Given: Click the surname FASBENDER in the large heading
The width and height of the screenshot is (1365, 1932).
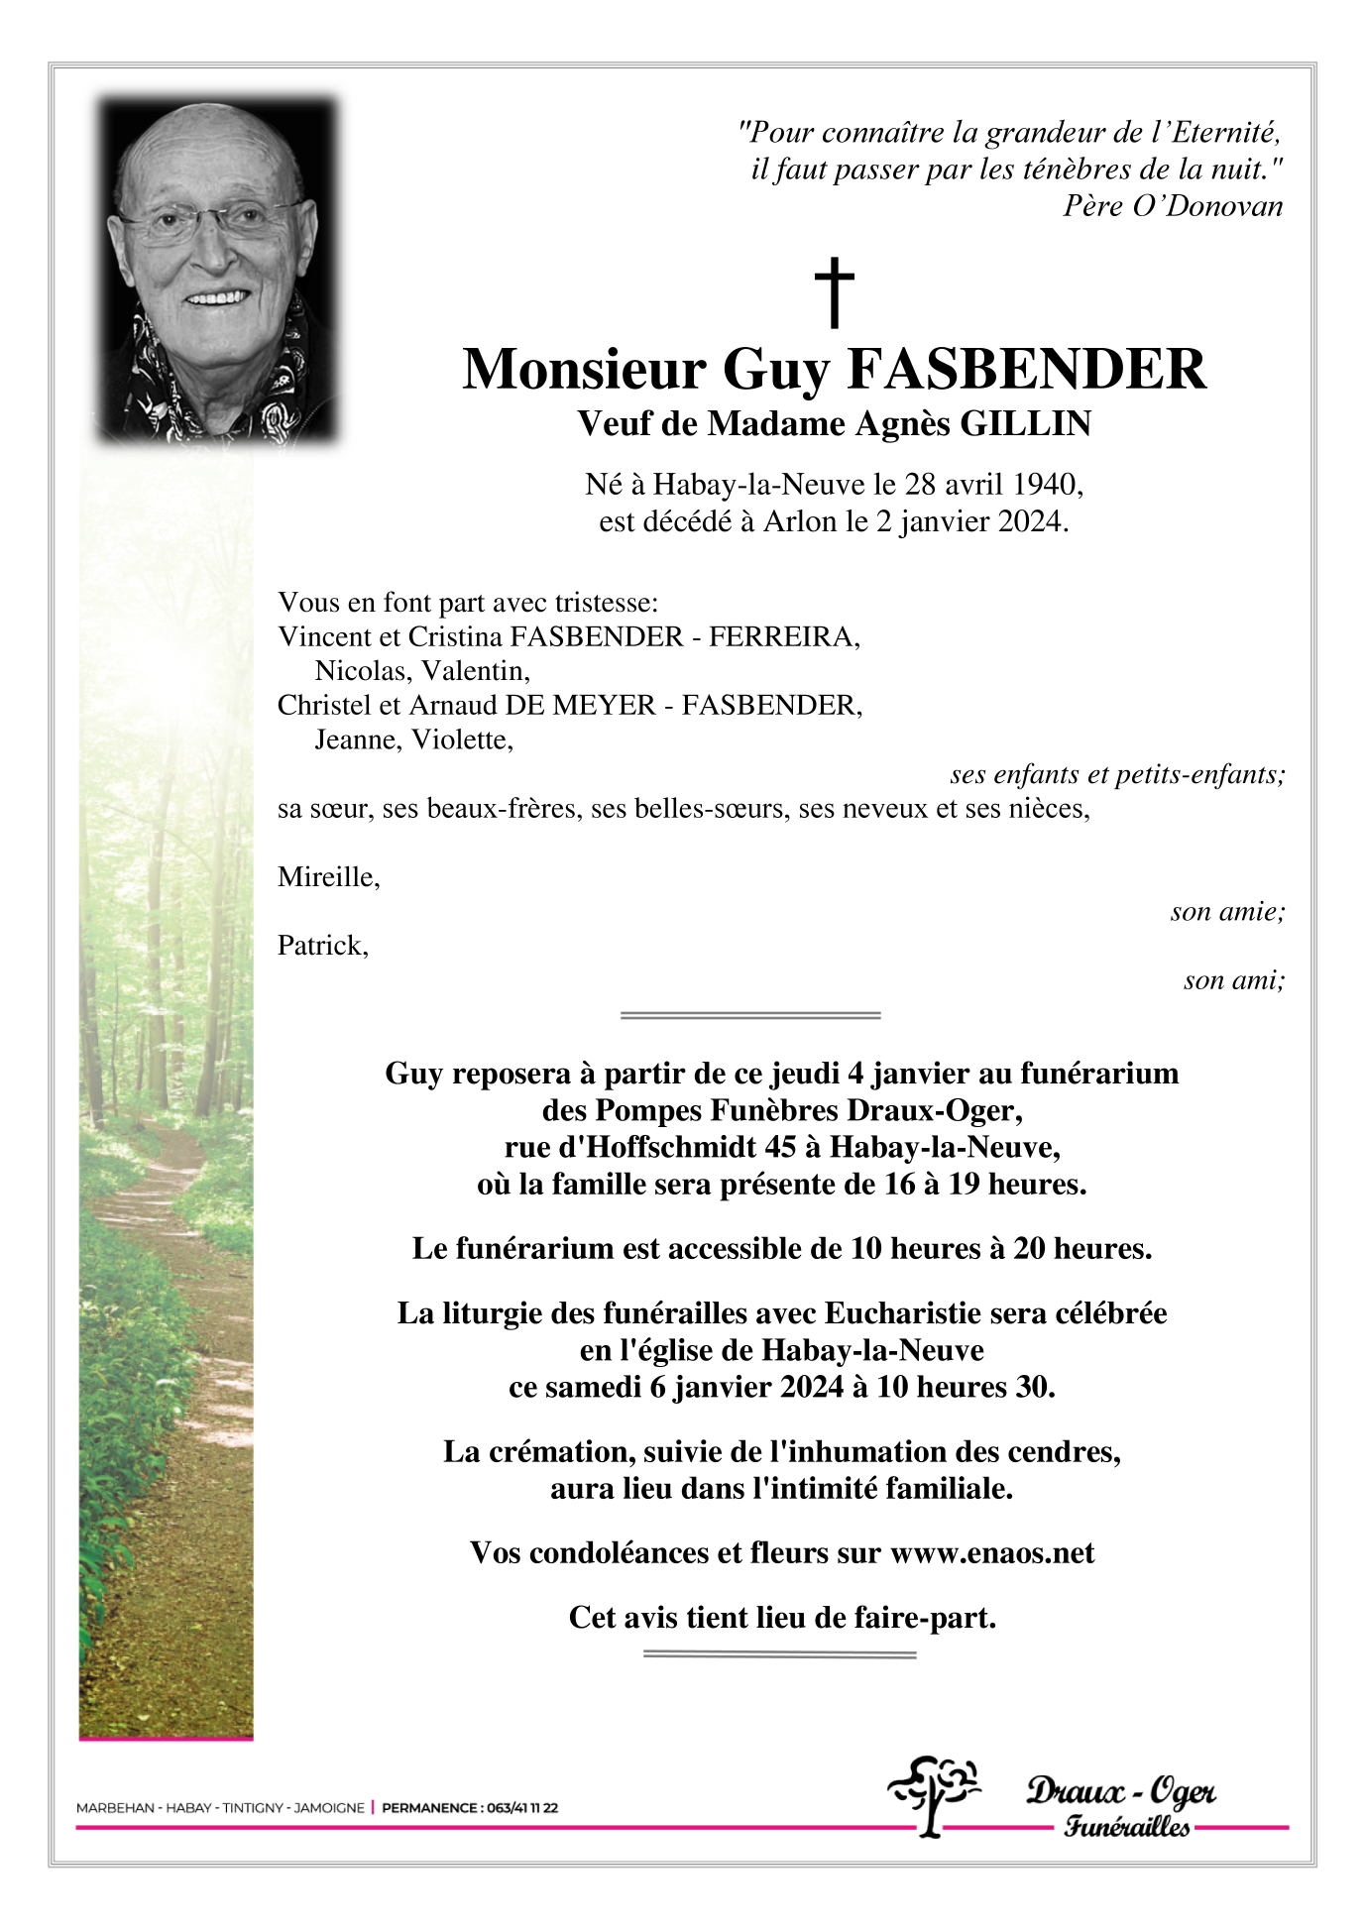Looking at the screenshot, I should tap(1027, 370).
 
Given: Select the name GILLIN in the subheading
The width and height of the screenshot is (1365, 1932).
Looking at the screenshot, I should tap(1026, 424).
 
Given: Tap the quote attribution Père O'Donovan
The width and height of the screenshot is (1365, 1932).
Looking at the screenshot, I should tap(1173, 206).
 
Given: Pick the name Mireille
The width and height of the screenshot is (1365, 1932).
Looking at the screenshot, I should tap(327, 877).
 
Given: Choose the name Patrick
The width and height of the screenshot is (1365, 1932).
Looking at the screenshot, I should tap(322, 946).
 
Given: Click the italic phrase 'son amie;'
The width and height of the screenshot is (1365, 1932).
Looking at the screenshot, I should tap(1227, 912).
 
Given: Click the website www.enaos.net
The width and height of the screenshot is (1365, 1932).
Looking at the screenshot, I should tap(992, 1552).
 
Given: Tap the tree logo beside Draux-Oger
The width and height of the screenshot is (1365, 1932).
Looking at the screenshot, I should tap(932, 1795).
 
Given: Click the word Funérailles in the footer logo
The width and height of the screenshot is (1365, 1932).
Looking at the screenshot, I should tap(1126, 1826).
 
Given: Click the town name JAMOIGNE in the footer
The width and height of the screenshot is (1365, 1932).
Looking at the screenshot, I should tap(329, 1808).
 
